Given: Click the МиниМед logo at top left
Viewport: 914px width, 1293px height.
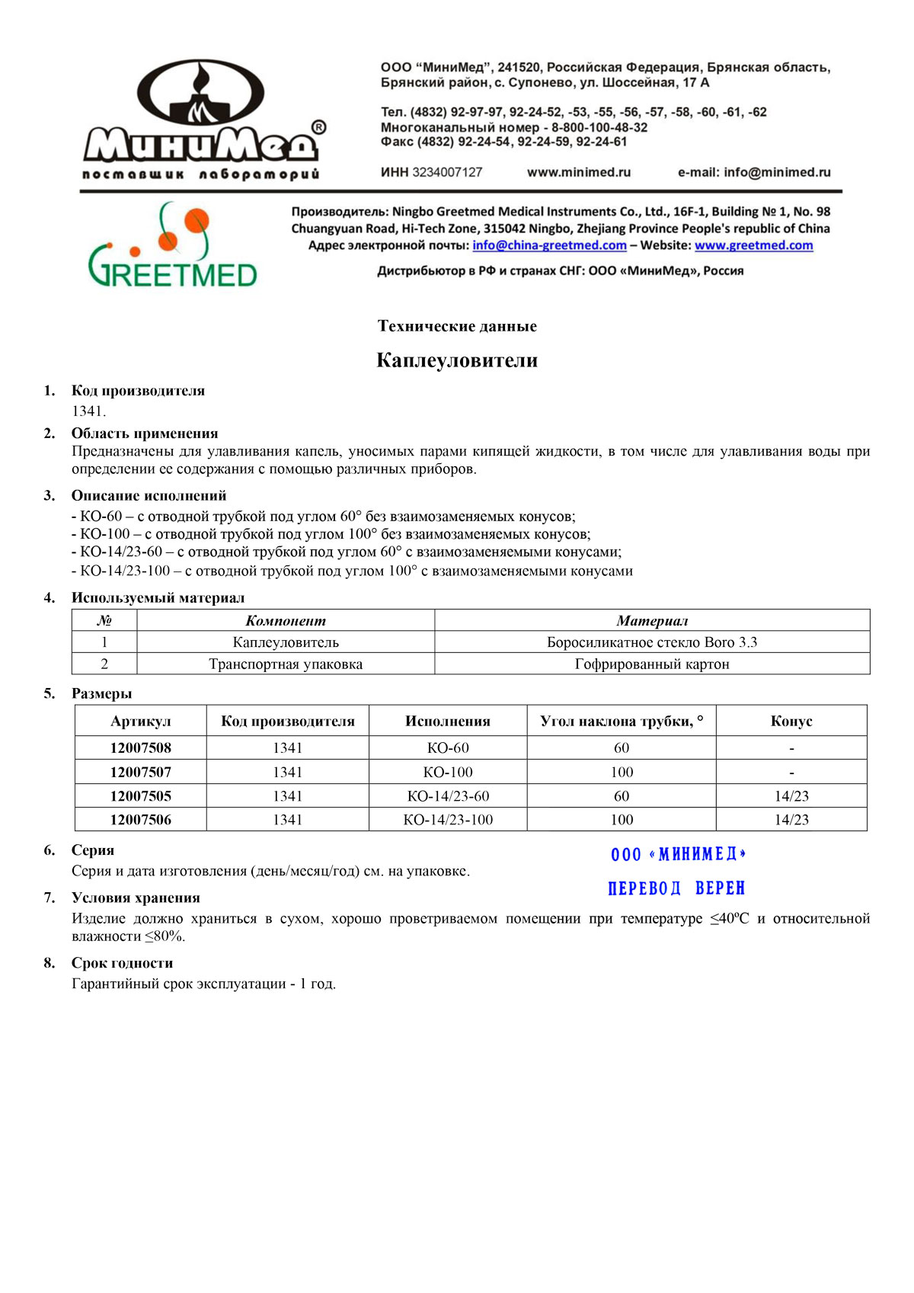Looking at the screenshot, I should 204,120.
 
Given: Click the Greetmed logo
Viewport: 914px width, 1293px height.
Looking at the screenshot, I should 173,245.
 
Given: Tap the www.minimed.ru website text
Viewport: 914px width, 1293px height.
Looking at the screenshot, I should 579,172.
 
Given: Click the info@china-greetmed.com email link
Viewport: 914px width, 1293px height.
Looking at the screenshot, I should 549,245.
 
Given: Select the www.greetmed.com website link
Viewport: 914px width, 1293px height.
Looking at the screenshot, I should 753,245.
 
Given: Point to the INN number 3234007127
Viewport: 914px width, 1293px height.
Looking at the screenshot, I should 447,172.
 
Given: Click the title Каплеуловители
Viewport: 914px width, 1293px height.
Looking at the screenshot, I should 457,360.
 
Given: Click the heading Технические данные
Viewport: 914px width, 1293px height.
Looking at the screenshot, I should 457,326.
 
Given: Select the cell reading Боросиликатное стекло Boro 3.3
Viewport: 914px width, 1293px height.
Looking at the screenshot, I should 652,642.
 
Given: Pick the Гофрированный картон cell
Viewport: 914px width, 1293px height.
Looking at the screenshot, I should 652,664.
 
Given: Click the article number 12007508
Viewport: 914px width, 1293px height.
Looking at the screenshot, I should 141,748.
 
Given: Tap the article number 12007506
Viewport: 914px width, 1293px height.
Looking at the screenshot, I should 141,820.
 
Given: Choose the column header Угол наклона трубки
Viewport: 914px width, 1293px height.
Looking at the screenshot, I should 622,721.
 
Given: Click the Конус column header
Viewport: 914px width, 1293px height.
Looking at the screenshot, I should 791,721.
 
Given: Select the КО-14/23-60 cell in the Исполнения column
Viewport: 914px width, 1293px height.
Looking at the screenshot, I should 448,796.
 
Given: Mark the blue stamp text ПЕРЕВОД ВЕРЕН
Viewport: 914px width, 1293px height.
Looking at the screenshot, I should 676,888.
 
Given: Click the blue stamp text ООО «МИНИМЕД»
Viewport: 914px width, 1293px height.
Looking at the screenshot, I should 678,854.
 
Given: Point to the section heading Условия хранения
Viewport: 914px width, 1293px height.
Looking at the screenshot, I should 136,898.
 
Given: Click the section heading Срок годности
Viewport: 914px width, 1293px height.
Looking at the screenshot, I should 122,963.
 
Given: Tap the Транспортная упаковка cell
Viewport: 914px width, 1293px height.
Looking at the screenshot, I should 286,664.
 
